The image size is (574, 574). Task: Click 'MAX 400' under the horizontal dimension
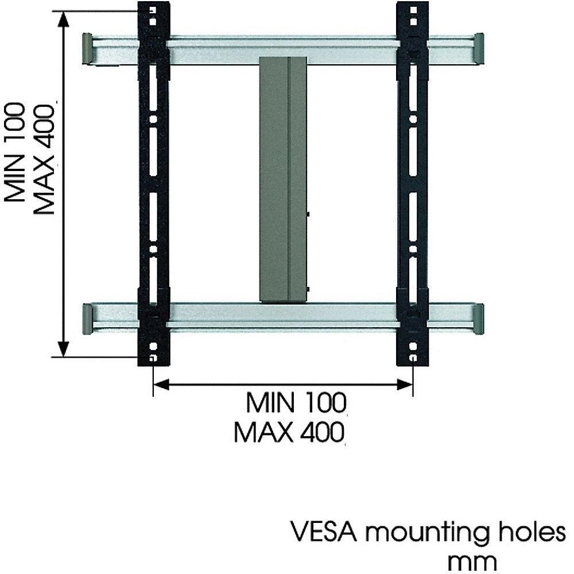tap(289, 431)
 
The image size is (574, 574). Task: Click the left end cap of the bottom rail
tap(87, 320)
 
